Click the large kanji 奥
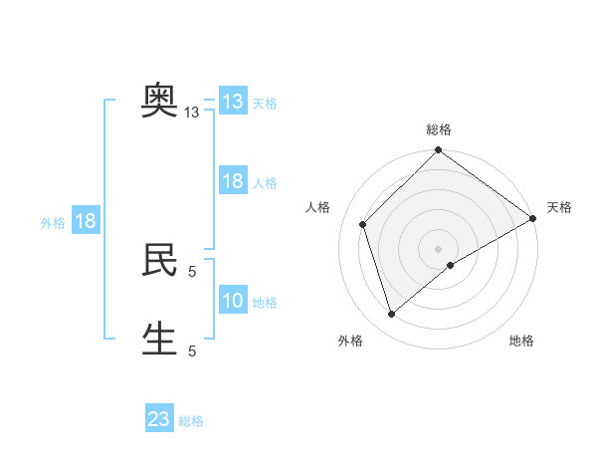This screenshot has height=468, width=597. click(x=159, y=100)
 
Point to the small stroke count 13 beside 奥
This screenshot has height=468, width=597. click(x=192, y=113)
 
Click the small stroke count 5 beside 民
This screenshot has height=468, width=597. click(x=192, y=271)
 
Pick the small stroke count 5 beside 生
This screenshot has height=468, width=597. click(x=192, y=351)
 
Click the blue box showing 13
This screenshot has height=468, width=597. click(x=232, y=102)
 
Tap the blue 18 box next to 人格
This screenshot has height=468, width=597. click(x=232, y=181)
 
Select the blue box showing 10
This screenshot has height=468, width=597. click(x=232, y=301)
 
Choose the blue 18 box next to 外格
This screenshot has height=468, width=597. click(x=85, y=221)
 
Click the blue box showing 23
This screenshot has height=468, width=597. click(x=159, y=419)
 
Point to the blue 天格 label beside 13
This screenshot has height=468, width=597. click(x=264, y=104)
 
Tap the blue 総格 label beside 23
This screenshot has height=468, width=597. click(x=191, y=421)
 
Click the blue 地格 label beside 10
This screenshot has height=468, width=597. click(x=264, y=303)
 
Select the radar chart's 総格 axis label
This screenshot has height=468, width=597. click(x=438, y=129)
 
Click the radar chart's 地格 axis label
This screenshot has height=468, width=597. click(x=521, y=342)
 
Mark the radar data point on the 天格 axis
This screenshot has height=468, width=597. click(x=533, y=219)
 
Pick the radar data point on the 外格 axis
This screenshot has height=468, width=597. click(x=392, y=315)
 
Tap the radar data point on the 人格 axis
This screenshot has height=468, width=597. click(x=363, y=224)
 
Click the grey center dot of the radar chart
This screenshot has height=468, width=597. click(x=438, y=248)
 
